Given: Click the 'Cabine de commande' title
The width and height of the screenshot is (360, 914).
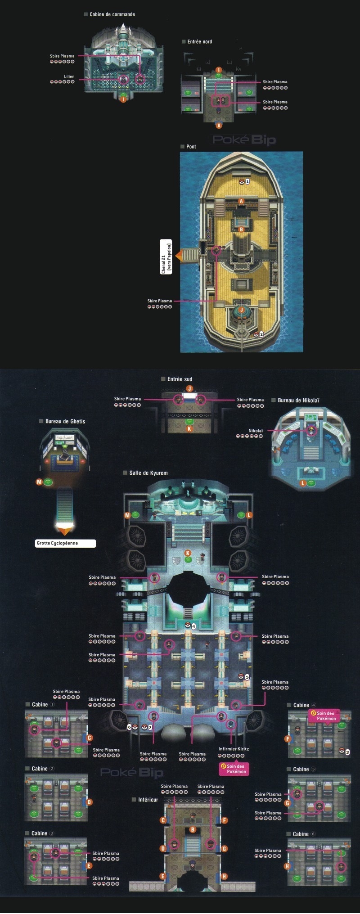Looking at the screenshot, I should [x=112, y=14].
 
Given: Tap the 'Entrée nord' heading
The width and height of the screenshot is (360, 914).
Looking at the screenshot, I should [x=199, y=41].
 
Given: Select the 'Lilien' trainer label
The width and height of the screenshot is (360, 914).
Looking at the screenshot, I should [x=69, y=77].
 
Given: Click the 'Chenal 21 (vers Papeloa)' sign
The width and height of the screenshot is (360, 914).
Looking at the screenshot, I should [x=166, y=258].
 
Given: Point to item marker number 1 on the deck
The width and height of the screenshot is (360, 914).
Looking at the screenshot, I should [x=247, y=181].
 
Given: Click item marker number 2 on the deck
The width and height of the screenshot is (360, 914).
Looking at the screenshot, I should [x=261, y=334].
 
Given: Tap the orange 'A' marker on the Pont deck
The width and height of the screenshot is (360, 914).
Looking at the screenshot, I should [x=242, y=201].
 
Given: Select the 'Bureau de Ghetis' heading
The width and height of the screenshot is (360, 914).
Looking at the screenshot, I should [x=65, y=421].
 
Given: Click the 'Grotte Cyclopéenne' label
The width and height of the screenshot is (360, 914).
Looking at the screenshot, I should [x=65, y=543].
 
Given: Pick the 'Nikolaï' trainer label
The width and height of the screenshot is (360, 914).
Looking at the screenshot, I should [x=255, y=431].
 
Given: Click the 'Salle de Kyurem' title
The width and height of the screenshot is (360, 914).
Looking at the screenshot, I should [x=148, y=473].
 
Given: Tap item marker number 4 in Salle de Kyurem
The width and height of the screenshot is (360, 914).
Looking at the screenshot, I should [x=193, y=626].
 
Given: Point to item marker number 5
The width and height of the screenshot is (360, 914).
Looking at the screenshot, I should [x=247, y=677].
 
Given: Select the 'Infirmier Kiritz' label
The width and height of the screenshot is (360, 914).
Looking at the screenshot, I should [x=234, y=749].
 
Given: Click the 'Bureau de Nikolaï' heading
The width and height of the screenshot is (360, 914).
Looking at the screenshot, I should [x=298, y=400].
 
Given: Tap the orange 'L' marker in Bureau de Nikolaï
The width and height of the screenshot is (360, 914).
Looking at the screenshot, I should [x=303, y=483].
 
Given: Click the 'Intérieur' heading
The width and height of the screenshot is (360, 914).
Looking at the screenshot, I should [x=148, y=800].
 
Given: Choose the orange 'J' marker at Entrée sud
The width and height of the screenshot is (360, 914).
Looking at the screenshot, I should [x=189, y=388].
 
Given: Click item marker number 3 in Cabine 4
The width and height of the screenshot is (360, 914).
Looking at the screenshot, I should [x=347, y=752].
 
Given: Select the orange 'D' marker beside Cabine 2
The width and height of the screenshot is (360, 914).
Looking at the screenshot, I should [x=89, y=802].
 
